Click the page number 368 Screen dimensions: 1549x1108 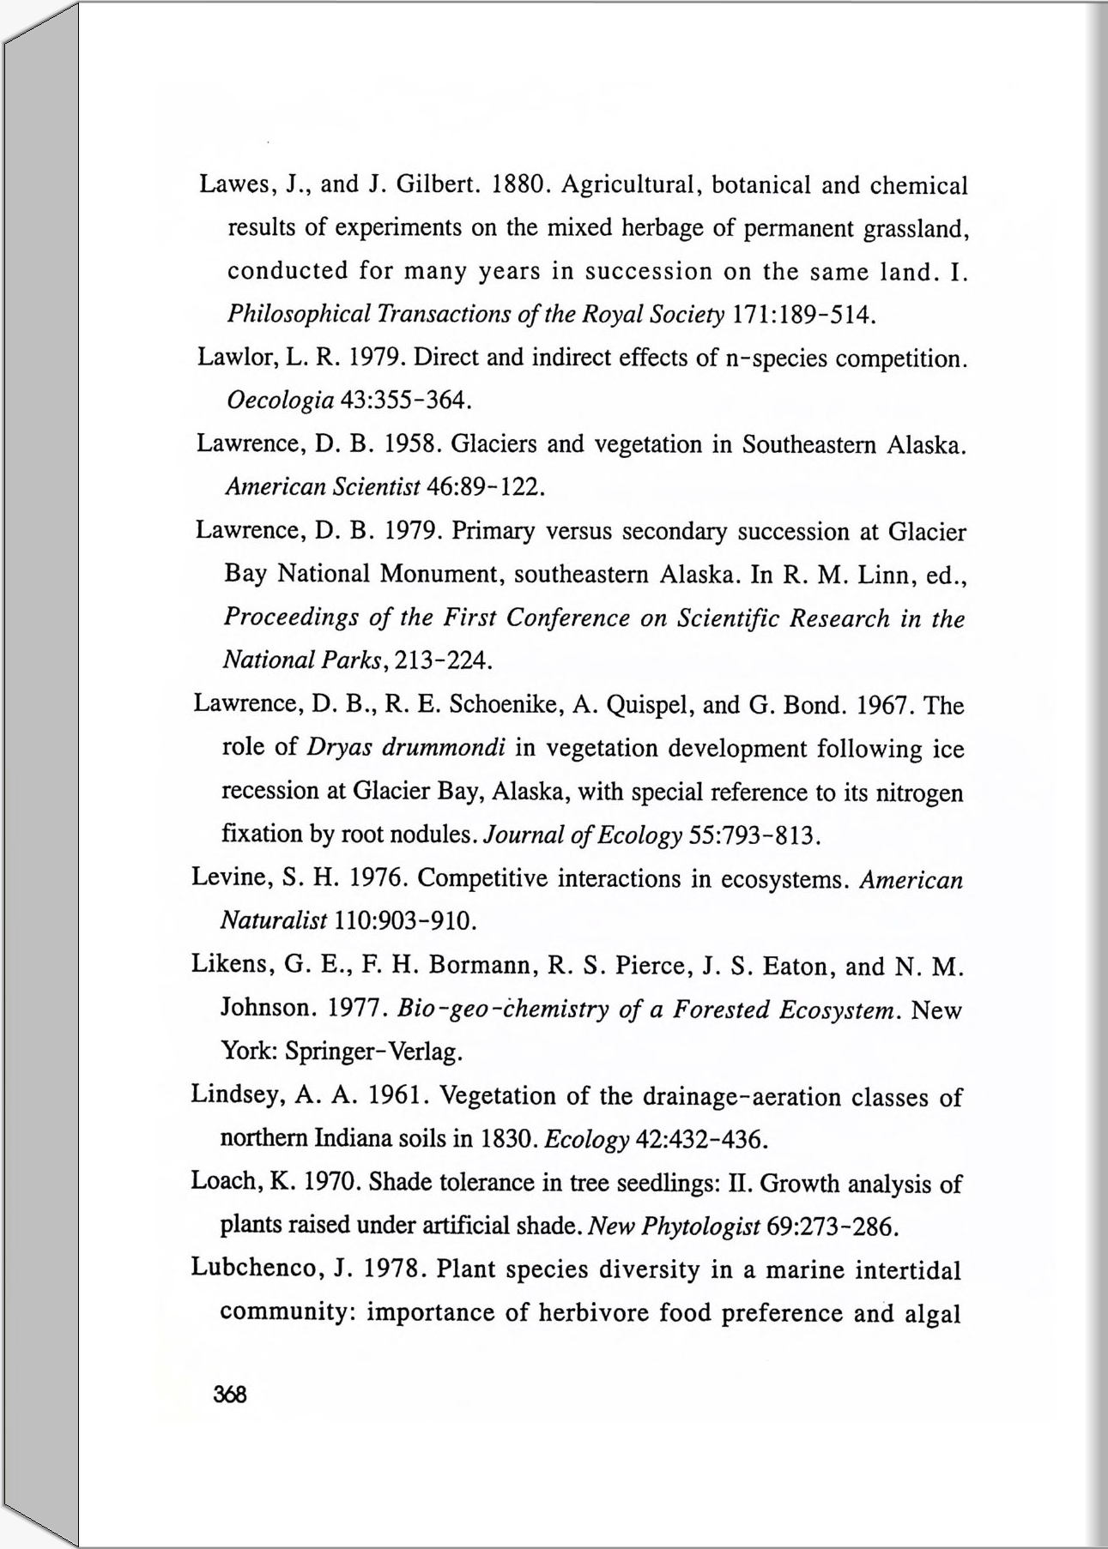[x=230, y=1395]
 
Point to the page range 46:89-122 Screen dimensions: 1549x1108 [x=486, y=487]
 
